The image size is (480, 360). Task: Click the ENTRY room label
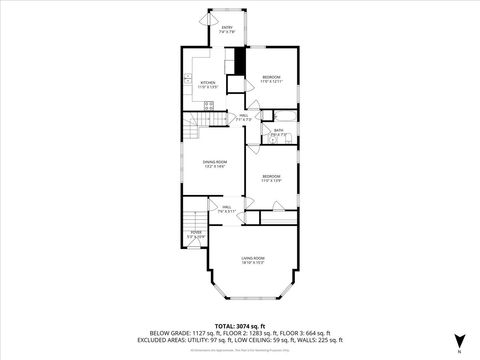click(228, 27)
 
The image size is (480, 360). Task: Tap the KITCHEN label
click(207, 85)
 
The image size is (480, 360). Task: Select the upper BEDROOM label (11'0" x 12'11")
click(272, 79)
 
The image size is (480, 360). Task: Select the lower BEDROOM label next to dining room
click(272, 177)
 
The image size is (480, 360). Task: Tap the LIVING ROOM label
click(252, 259)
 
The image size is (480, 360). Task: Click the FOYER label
click(195, 234)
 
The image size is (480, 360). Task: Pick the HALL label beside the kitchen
click(244, 117)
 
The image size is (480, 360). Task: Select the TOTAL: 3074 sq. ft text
click(240, 325)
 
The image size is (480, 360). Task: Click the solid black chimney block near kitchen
click(240, 59)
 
